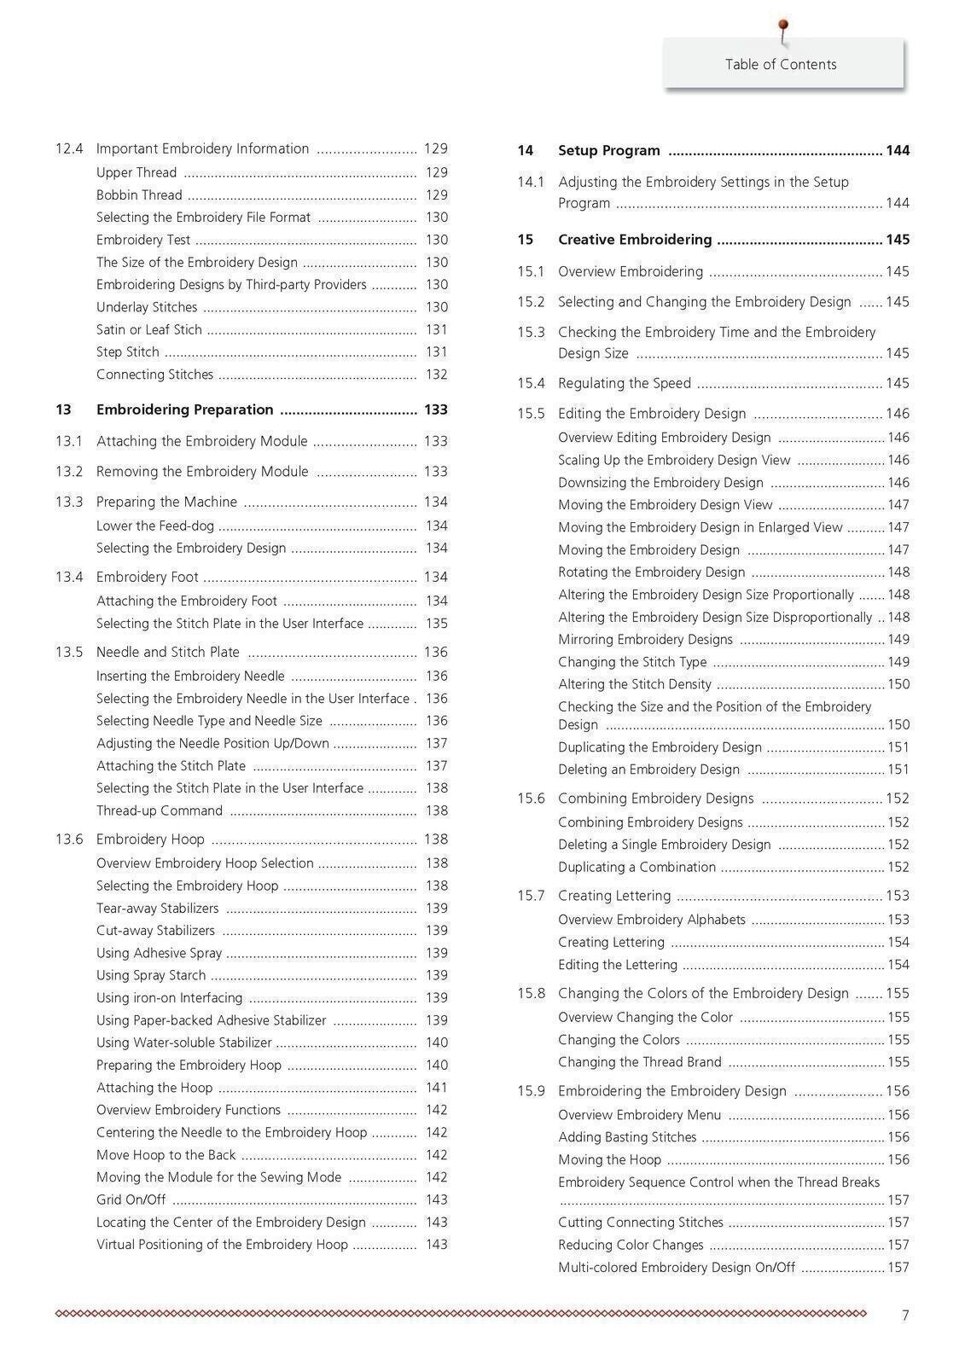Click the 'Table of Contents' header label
point(781,64)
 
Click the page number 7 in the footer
point(905,1316)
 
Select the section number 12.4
point(69,148)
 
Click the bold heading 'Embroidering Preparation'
point(184,409)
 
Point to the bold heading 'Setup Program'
point(608,150)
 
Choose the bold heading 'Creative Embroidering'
point(634,240)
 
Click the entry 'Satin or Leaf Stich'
point(148,329)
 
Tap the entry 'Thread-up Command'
point(159,810)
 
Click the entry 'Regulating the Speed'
point(624,383)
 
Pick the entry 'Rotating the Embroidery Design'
point(651,572)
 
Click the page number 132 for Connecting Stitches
point(436,375)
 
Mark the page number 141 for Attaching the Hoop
point(436,1088)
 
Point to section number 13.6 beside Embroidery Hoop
point(69,839)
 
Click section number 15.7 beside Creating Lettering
point(530,896)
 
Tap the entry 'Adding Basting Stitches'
point(627,1137)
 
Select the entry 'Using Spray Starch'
point(150,975)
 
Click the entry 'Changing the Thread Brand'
point(639,1062)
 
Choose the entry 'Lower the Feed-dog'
point(154,526)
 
